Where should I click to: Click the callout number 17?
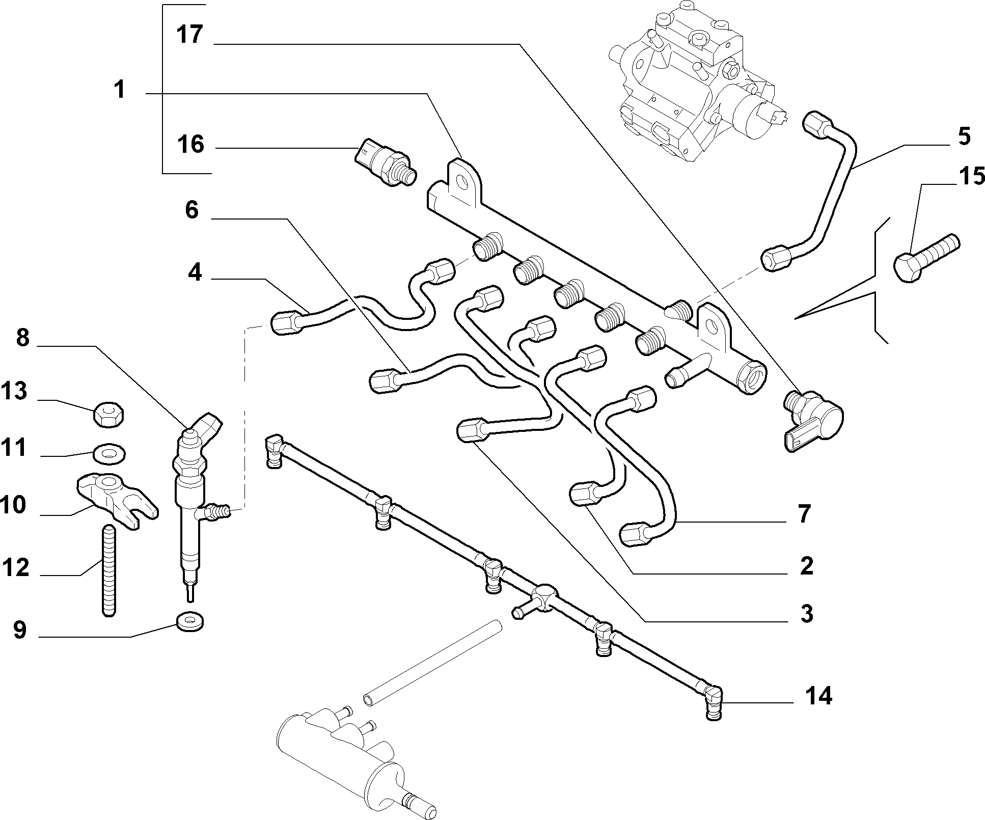tap(190, 35)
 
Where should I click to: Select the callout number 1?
tap(119, 90)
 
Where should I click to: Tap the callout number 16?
tap(191, 144)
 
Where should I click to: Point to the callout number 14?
tap(818, 696)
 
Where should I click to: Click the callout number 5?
tap(964, 136)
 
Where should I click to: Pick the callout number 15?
tap(971, 177)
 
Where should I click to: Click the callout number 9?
tap(19, 630)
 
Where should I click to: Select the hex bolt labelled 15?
tap(926, 257)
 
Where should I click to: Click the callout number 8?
tap(23, 337)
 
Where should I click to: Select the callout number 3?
tap(806, 614)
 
